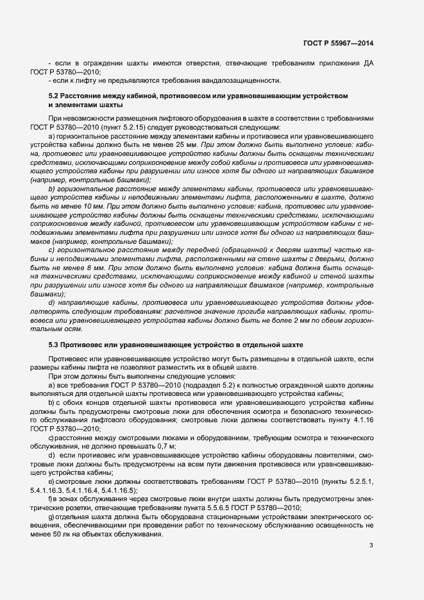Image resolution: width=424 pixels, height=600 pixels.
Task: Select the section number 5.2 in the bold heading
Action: (x=55, y=96)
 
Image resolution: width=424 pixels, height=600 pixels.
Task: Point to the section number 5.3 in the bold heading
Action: (x=55, y=345)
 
